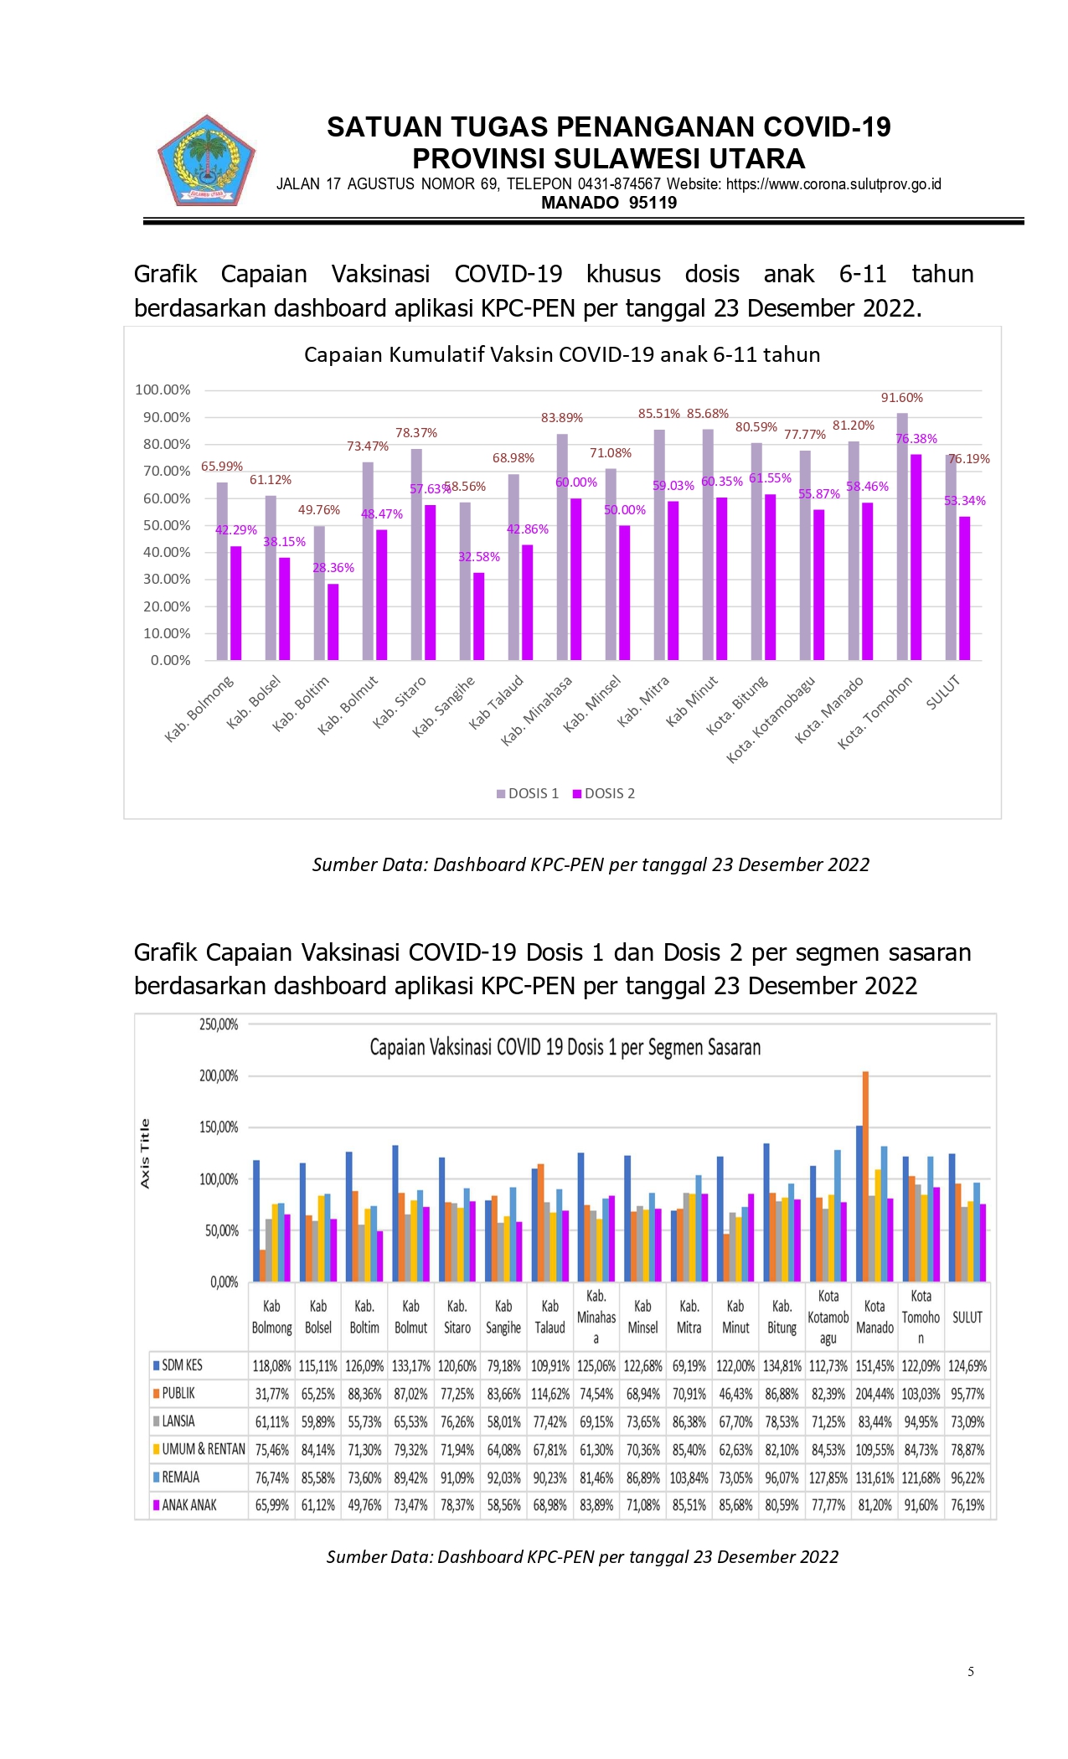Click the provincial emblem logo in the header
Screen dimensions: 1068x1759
coord(206,160)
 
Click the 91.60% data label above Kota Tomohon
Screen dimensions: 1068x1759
coord(901,398)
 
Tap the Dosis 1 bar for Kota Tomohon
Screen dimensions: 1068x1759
coord(902,536)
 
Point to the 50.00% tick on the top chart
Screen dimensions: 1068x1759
coord(167,525)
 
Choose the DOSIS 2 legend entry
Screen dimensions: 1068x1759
coord(603,793)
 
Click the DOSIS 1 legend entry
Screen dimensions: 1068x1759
coord(527,793)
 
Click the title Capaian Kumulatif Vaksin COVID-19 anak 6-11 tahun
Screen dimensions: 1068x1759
coord(562,354)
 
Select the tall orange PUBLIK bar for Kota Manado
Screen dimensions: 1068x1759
coord(865,1176)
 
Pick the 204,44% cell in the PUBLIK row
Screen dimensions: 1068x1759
coord(875,1394)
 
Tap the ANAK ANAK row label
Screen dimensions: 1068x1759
coord(184,1505)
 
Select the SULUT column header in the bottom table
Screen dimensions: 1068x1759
coord(967,1318)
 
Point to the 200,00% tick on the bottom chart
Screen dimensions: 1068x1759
coord(219,1076)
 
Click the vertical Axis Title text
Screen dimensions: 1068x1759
coord(145,1153)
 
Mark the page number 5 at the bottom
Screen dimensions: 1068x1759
coord(971,1672)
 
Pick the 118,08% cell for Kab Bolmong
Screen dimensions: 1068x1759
coord(271,1366)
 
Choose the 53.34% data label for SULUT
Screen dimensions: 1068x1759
coord(965,501)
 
